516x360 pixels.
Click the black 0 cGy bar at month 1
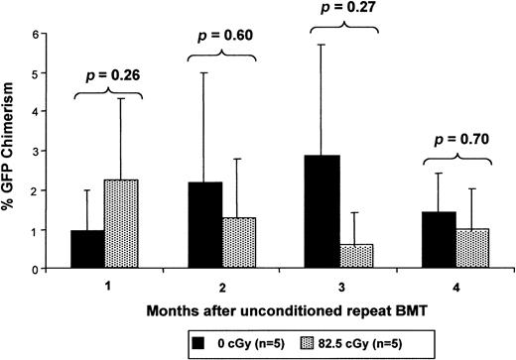tap(88, 249)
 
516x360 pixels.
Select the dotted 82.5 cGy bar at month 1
tap(126, 224)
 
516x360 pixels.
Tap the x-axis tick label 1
tap(107, 283)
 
